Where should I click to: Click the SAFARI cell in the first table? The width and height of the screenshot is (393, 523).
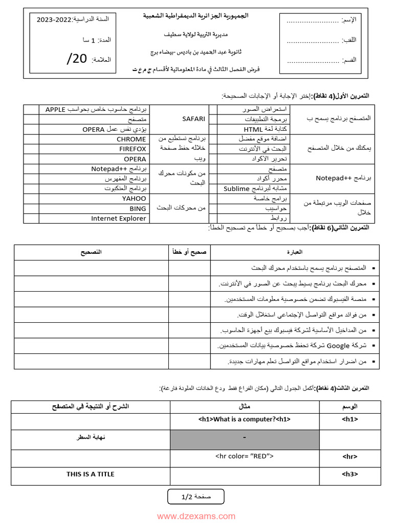pos(193,118)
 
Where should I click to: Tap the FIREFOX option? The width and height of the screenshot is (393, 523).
pos(133,149)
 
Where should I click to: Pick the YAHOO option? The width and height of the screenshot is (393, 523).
pos(134,198)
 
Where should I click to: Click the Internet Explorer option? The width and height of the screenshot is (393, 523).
pos(118,218)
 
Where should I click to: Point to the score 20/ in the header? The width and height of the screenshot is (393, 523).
pos(77,59)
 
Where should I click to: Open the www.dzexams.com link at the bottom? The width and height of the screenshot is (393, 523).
pos(196,516)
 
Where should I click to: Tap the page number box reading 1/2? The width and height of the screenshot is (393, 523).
pos(196,496)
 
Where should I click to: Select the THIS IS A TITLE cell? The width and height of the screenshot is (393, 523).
pos(90,474)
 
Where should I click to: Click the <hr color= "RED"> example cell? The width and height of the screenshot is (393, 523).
pos(245,456)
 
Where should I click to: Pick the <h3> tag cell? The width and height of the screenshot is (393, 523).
pos(350,474)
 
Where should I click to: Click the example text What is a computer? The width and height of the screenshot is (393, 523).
pos(245,419)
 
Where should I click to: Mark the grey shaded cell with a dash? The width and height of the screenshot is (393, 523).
pos(245,438)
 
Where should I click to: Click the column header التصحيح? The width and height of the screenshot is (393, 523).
pos(91,252)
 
